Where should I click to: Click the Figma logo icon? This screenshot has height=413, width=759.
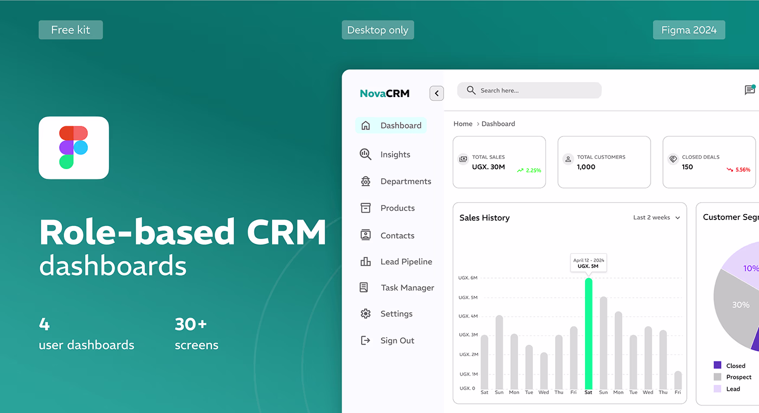pyautogui.click(x=74, y=147)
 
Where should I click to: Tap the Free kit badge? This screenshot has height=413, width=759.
pyautogui.click(x=70, y=30)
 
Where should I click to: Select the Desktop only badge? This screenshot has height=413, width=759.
pyautogui.click(x=377, y=30)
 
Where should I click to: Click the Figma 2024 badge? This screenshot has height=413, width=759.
pyautogui.click(x=689, y=30)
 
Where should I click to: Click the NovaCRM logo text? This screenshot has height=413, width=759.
pyautogui.click(x=384, y=93)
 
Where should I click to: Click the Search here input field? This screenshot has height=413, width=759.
pyautogui.click(x=529, y=91)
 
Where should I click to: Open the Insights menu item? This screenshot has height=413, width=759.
pyautogui.click(x=395, y=154)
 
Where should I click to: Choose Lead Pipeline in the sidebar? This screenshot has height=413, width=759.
pyautogui.click(x=406, y=262)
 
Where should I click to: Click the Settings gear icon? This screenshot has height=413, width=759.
pyautogui.click(x=365, y=314)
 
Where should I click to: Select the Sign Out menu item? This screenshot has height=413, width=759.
pyautogui.click(x=397, y=340)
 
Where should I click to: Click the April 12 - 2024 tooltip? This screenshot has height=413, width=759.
pyautogui.click(x=588, y=263)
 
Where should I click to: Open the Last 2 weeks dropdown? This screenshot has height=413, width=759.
pyautogui.click(x=657, y=217)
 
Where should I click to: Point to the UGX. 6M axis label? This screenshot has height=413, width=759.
pyautogui.click(x=467, y=278)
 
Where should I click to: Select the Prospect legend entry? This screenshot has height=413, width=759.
pyautogui.click(x=738, y=377)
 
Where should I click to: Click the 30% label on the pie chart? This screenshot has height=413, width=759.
pyautogui.click(x=741, y=305)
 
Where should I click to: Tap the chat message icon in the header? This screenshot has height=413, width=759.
pyautogui.click(x=750, y=90)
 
